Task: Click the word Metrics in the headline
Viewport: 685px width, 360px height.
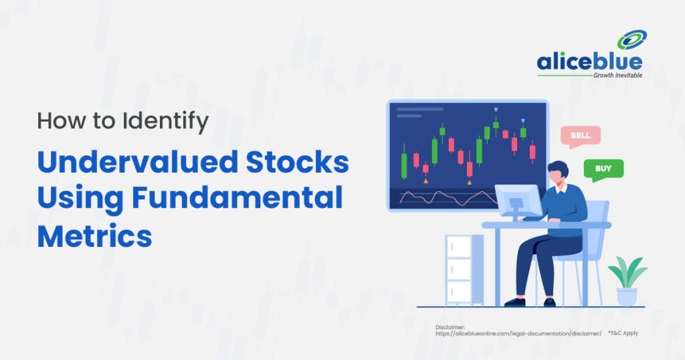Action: click(x=94, y=236)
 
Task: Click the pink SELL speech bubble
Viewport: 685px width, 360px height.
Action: click(x=580, y=136)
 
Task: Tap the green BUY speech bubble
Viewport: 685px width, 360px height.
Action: click(x=603, y=169)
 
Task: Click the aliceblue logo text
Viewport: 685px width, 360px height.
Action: click(x=589, y=62)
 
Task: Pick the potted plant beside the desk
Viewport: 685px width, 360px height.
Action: click(x=627, y=282)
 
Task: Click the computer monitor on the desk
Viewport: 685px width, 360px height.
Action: click(x=518, y=200)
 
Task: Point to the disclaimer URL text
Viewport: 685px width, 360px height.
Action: click(x=518, y=333)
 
